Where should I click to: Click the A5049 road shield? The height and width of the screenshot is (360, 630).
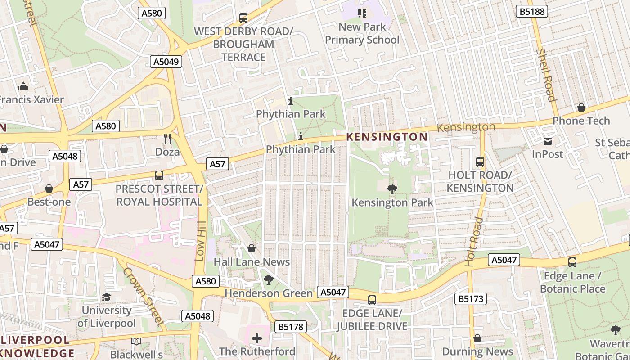click(166, 62)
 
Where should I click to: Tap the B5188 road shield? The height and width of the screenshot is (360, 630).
click(532, 11)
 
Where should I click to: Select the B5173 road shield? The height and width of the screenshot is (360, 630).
click(470, 298)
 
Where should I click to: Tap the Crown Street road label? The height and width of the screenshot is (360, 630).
click(143, 296)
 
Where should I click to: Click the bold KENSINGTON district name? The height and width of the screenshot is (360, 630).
click(387, 137)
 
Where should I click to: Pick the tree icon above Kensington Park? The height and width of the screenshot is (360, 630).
click(392, 189)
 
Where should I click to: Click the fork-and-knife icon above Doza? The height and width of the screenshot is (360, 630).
click(167, 139)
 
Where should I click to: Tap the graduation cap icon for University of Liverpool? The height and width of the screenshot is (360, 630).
click(106, 297)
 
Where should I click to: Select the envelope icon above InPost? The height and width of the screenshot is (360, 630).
click(547, 141)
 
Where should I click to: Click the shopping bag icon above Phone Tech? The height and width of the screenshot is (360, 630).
click(581, 108)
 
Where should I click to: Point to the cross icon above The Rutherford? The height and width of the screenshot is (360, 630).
click(257, 338)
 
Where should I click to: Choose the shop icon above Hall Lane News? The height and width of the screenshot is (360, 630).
click(252, 248)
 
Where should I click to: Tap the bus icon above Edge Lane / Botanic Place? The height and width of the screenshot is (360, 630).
click(572, 262)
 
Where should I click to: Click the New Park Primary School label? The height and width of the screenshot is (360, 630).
click(362, 33)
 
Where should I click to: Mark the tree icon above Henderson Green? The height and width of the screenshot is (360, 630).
click(269, 280)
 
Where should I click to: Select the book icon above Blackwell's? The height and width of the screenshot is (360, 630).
click(136, 342)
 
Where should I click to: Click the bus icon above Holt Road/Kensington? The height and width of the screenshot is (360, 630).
click(480, 162)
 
